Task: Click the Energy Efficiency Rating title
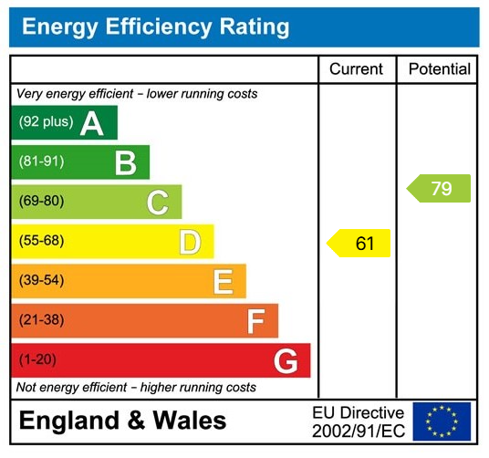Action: point(155,26)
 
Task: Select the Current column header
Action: point(357,69)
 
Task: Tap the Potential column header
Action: point(439,69)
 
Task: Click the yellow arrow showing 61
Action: point(359,243)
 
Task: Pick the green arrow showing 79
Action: point(439,189)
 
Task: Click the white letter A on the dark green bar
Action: point(91,123)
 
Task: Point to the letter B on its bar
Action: point(126,162)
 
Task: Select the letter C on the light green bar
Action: point(158,203)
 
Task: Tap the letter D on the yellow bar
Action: point(190,242)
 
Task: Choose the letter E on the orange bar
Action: point(223,282)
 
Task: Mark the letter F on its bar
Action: point(255,321)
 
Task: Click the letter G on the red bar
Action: point(286,361)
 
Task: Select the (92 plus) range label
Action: point(46,122)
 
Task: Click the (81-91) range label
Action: point(41,161)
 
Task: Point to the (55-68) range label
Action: point(41,241)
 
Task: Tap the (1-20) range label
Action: point(37,359)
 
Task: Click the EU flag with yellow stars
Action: point(442,421)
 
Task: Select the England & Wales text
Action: point(122,421)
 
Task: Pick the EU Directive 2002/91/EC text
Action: point(358,421)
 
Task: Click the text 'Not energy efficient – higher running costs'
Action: point(137,388)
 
